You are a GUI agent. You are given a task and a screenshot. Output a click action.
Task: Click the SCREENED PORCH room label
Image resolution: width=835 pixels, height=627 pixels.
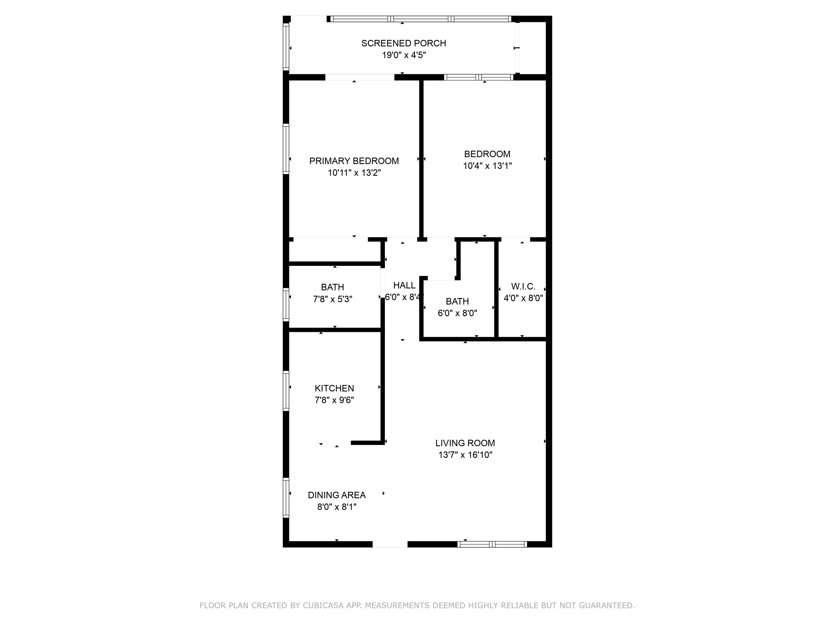[404, 43]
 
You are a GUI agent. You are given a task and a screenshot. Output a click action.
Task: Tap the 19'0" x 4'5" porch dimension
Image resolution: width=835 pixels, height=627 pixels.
[404, 55]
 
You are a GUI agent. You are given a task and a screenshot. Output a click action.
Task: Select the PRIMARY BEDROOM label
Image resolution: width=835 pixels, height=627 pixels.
[354, 161]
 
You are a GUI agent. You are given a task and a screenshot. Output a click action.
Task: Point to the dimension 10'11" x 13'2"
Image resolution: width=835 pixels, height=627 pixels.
[354, 173]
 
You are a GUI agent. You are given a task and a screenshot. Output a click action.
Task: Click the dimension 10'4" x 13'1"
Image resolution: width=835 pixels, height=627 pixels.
[487, 166]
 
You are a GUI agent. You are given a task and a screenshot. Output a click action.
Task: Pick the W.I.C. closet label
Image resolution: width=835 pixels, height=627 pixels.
[523, 286]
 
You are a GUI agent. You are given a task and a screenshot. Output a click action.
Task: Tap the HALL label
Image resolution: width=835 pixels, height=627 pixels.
[404, 285]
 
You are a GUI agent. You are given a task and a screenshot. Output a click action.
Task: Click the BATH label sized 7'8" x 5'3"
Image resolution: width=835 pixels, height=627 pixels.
[333, 287]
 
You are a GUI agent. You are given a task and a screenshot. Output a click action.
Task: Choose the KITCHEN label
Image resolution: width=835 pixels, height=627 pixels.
[335, 388]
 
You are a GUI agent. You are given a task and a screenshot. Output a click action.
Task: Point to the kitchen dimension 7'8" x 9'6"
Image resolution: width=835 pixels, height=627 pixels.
[335, 400]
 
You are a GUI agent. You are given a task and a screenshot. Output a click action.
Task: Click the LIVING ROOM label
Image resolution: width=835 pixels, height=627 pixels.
[465, 443]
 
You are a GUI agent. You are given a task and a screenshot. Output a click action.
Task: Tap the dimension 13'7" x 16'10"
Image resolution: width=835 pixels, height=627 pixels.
[465, 455]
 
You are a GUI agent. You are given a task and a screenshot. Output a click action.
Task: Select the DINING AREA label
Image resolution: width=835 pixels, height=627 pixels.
[337, 495]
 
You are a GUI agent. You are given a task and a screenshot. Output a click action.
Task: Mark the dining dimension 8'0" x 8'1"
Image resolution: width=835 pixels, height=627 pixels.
[337, 507]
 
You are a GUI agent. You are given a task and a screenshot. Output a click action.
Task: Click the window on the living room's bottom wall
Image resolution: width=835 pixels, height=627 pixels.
[492, 544]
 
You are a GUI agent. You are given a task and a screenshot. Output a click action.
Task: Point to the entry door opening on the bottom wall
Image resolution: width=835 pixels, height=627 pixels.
[390, 544]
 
